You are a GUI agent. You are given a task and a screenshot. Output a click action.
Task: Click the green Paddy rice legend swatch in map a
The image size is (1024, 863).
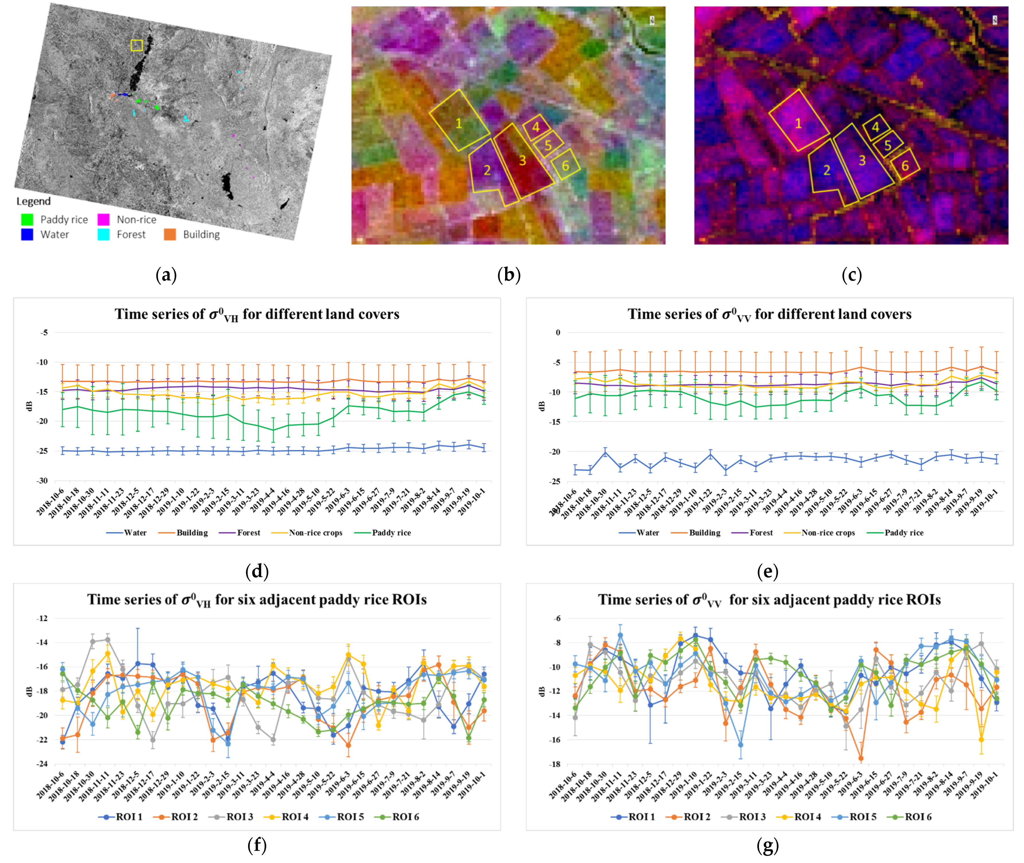click(x=28, y=219)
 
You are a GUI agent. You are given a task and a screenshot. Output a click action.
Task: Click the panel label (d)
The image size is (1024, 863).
click(x=257, y=571)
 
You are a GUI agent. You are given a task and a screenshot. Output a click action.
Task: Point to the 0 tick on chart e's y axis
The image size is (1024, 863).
click(x=558, y=333)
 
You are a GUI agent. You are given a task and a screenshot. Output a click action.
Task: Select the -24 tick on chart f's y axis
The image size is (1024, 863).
click(x=42, y=764)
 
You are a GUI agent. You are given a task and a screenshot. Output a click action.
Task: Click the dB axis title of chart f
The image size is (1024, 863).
click(x=29, y=691)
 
